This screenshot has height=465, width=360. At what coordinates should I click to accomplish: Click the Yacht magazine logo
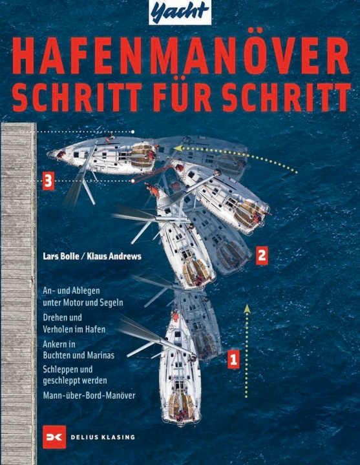pyautogui.click(x=180, y=12)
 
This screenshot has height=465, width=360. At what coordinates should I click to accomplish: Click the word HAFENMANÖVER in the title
pyautogui.click(x=180, y=56)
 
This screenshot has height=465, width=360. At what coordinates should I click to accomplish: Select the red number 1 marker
pyautogui.click(x=233, y=360)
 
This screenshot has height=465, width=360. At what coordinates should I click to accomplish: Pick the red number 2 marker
pyautogui.click(x=262, y=255)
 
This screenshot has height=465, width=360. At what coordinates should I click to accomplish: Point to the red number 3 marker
pyautogui.click(x=48, y=181)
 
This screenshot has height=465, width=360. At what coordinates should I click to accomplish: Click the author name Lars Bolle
pyautogui.click(x=61, y=256)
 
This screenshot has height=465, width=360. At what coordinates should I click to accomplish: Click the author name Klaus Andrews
pyautogui.click(x=114, y=256)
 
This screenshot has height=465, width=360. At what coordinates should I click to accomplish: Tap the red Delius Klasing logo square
pyautogui.click(x=54, y=437)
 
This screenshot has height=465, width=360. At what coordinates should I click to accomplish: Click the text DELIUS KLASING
pyautogui.click(x=102, y=437)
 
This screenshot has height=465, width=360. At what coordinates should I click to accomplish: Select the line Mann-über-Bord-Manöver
pyautogui.click(x=89, y=395)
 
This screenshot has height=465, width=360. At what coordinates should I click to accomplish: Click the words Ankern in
pyautogui.click(x=59, y=344)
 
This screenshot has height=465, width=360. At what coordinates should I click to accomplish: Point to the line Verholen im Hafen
pyautogui.click(x=74, y=329)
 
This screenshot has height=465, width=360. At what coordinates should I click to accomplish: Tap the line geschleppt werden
pyautogui.click(x=75, y=380)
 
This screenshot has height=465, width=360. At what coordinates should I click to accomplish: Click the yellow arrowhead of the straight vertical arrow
pyautogui.click(x=246, y=309)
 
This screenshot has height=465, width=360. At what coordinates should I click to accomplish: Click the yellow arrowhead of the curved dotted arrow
pyautogui.click(x=178, y=148)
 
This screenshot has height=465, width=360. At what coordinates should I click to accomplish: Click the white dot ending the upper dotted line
pyautogui.click(x=133, y=132)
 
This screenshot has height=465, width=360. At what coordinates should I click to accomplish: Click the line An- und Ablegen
pyautogui.click(x=71, y=291)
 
